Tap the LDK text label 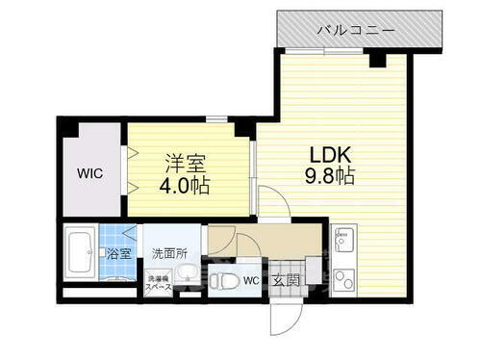(329, 153)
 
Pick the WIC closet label (91, 174)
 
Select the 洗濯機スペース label (158, 282)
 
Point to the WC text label (251, 281)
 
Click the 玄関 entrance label (285, 281)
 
